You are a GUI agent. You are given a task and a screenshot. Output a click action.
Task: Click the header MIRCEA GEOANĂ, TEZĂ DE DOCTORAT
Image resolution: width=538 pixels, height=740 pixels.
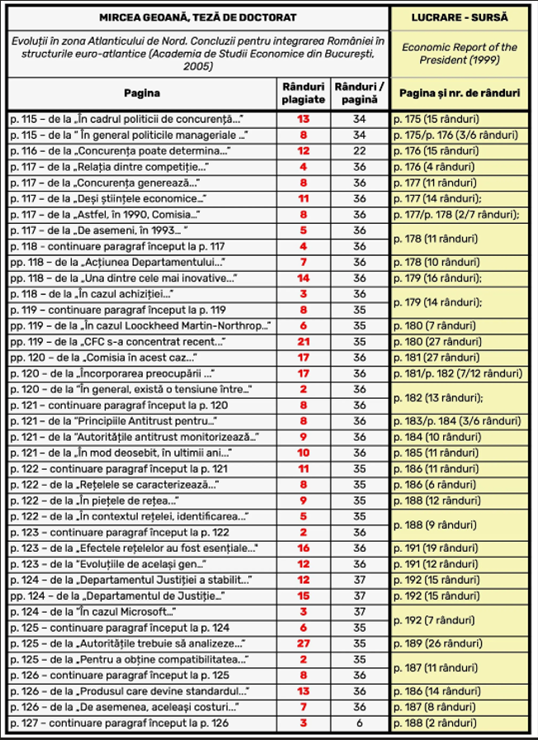coord(198,17)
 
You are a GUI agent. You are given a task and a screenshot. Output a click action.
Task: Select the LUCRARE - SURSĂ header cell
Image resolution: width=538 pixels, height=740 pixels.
coord(460,17)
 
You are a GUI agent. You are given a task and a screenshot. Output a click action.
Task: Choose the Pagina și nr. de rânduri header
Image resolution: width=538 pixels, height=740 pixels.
coord(460,94)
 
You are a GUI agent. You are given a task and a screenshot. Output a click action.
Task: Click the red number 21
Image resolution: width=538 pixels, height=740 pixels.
coord(303,342)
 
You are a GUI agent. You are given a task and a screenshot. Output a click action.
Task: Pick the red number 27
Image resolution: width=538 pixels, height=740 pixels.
coord(303,643)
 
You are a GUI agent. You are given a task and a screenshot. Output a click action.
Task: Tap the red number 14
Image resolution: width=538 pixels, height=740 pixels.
coord(303,278)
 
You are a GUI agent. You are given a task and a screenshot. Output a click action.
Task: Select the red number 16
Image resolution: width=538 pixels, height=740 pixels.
coord(303,548)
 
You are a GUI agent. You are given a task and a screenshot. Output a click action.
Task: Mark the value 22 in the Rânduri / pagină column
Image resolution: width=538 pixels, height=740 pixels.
coord(359,151)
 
